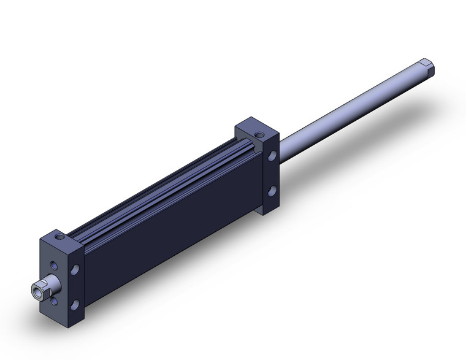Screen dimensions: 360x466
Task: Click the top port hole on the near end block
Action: pos(59,234)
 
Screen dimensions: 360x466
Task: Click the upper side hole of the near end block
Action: pos(75,269)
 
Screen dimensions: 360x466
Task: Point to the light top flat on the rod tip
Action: pos(427,61)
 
